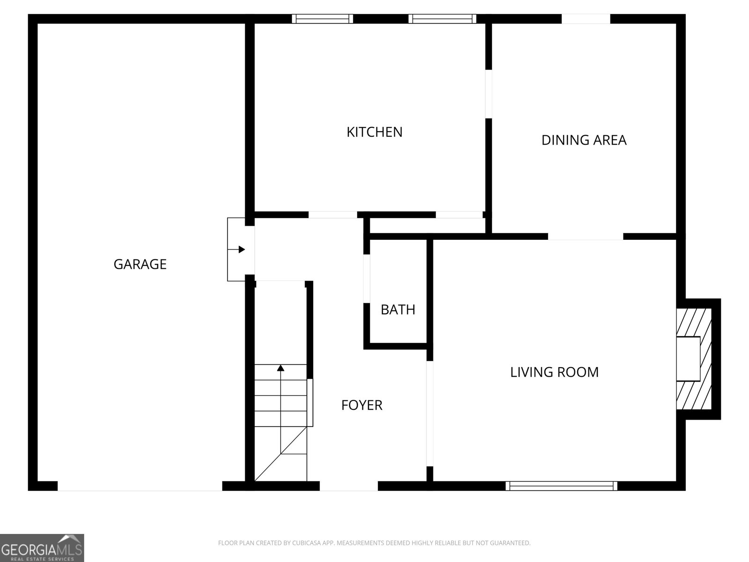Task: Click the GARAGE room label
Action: click(140, 264)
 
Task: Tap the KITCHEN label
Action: click(374, 132)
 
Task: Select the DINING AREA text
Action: click(584, 140)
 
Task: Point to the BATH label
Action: click(398, 310)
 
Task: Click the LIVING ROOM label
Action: click(554, 372)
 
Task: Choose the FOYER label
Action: click(362, 405)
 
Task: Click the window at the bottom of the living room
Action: click(561, 486)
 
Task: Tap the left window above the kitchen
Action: click(323, 19)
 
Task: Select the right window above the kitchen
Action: click(442, 19)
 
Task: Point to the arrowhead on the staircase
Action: click(280, 368)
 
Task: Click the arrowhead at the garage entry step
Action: click(242, 250)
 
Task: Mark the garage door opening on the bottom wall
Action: click(140, 486)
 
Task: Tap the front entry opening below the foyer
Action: click(348, 486)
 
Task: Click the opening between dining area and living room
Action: click(585, 237)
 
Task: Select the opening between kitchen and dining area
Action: click(488, 94)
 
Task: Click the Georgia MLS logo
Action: click(42, 547)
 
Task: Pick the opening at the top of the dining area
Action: click(586, 19)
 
